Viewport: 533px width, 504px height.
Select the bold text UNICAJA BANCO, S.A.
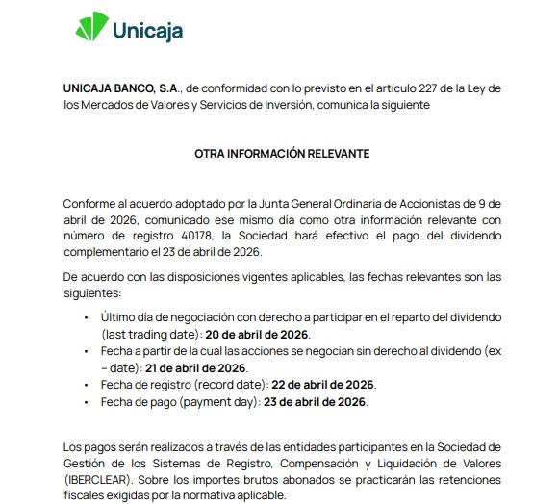coord(117,88)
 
